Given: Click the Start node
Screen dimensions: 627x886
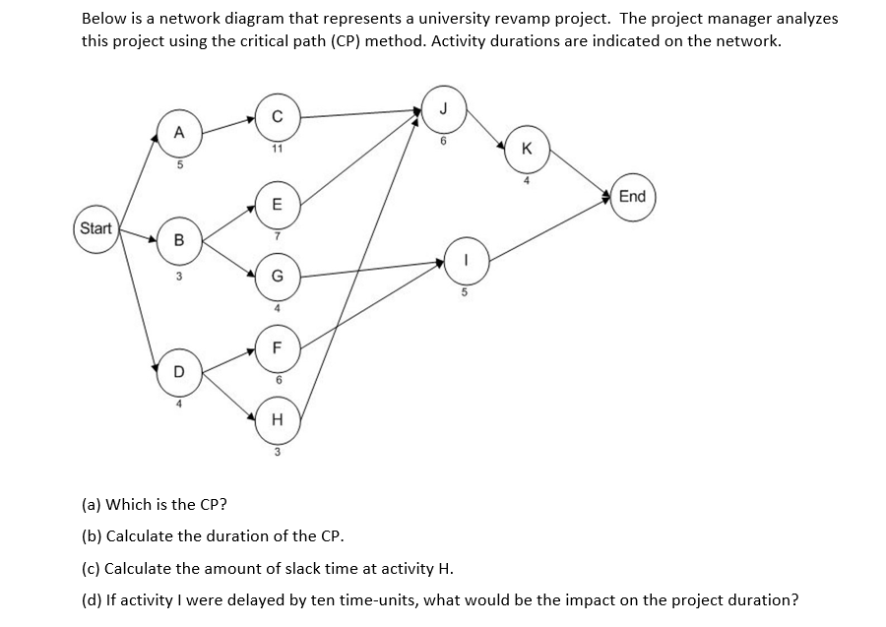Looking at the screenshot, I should point(96,228).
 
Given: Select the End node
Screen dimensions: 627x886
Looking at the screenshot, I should point(632,196).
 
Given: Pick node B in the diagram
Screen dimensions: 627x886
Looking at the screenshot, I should point(178,239).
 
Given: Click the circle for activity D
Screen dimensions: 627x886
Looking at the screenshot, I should point(178,370).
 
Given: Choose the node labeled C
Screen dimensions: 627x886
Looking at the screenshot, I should point(278,117).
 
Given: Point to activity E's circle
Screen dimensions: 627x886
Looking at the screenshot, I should point(278,205).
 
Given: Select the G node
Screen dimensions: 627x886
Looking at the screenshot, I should point(278,277).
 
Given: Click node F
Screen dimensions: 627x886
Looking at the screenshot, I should point(278,346).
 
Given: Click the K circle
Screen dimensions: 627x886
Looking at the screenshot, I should point(529,150).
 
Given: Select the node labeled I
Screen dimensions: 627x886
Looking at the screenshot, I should point(467,261).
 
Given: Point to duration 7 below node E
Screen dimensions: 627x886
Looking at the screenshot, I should point(278,236).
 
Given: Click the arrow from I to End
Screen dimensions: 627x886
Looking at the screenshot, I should point(551,228).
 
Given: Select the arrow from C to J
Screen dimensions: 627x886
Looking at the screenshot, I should point(360,114).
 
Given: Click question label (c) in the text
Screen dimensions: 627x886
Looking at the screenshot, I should point(89,569).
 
